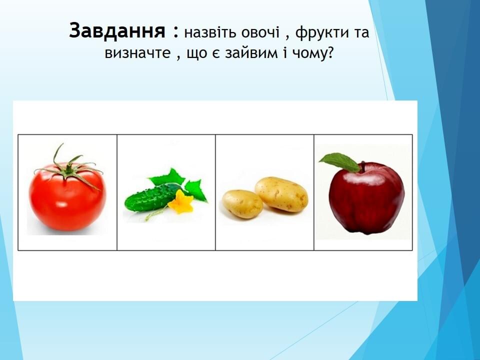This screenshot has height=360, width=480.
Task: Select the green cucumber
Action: pos(152,197)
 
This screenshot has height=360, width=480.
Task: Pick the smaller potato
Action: pos(242,204)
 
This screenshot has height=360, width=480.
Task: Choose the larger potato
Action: pos(281,194)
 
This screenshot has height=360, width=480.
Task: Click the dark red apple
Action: pos(366,198)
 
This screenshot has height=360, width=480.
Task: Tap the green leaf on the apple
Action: pos(340,162)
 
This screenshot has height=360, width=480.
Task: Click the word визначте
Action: pos(137,53)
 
